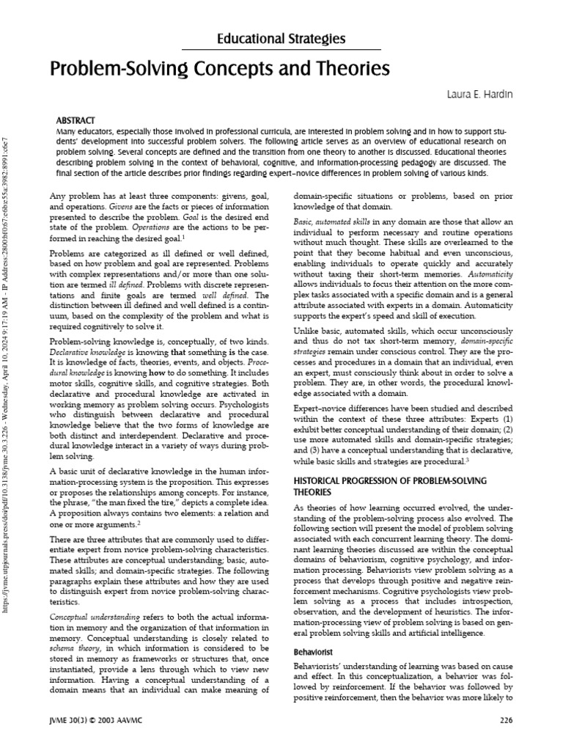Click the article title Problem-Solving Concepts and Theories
coord(220,70)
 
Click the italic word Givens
coord(79,208)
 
